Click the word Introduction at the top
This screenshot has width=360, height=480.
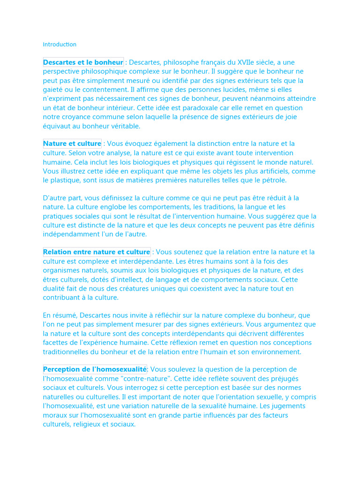click(x=60, y=45)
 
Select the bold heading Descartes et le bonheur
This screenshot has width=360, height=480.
click(x=83, y=62)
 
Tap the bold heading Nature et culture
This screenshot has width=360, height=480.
click(x=72, y=143)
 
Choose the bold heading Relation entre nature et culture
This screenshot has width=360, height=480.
click(x=97, y=252)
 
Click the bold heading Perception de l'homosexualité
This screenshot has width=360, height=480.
click(x=95, y=369)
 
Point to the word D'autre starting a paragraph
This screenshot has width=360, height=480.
click(x=56, y=198)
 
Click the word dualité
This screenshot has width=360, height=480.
click(x=55, y=288)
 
